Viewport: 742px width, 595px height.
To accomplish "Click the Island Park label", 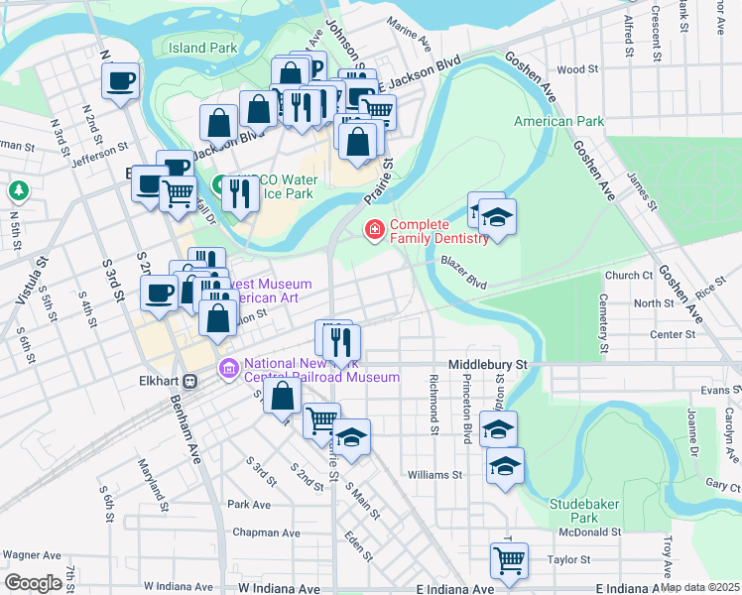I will [202, 47].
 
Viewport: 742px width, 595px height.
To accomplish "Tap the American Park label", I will [558, 121].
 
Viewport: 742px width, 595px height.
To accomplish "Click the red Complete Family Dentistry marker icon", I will [375, 230].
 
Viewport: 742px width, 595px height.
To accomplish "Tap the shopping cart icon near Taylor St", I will [509, 559].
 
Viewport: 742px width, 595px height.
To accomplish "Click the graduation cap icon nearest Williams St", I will [505, 465].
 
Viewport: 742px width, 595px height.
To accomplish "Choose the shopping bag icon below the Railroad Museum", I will [283, 396].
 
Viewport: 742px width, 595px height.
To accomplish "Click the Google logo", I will [33, 583].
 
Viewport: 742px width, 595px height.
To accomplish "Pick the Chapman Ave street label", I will [266, 533].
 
